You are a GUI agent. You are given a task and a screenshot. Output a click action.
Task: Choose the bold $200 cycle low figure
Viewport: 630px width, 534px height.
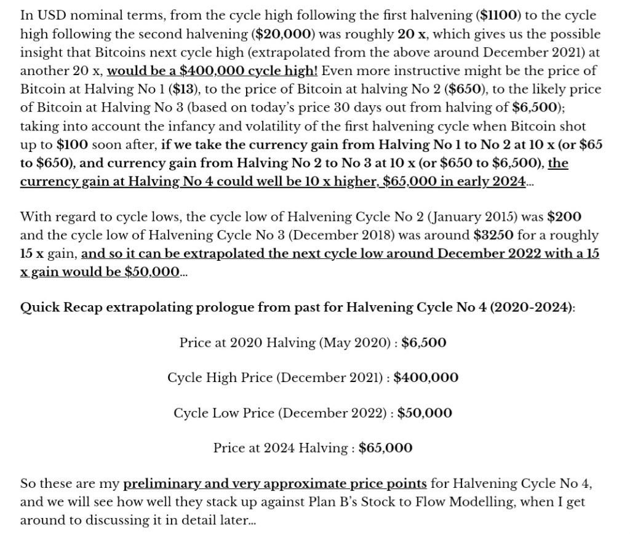click(564, 217)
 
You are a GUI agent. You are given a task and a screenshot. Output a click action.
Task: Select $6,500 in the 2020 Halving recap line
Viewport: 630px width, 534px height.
click(424, 343)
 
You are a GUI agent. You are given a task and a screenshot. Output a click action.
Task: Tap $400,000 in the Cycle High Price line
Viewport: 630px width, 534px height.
click(426, 378)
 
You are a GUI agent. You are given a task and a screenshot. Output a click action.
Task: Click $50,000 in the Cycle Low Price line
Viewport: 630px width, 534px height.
click(425, 413)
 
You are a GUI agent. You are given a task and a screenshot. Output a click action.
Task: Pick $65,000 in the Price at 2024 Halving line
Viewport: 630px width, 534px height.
click(385, 448)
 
